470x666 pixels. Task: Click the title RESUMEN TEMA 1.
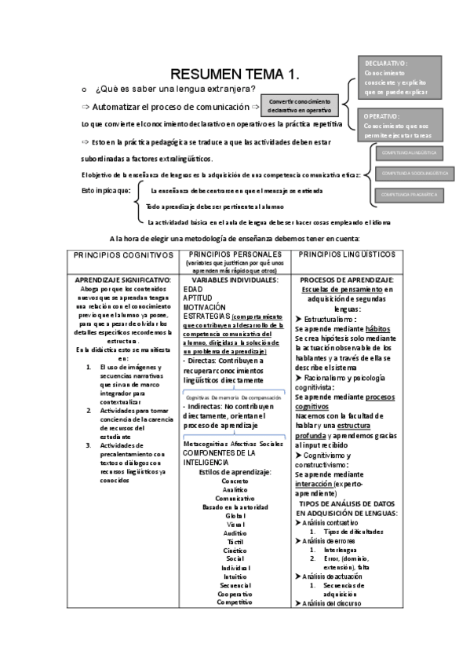point(235,75)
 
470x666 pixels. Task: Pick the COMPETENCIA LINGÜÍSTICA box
point(409,152)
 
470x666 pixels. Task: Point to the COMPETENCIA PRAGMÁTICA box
point(409,194)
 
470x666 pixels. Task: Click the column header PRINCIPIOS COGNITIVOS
point(122,256)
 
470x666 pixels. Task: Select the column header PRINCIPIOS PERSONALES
point(235,255)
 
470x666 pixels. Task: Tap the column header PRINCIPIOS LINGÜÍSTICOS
point(347,255)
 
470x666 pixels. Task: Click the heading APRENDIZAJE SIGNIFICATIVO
point(122,280)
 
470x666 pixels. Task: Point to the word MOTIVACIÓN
point(203,307)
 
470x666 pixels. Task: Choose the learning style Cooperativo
point(235,594)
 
